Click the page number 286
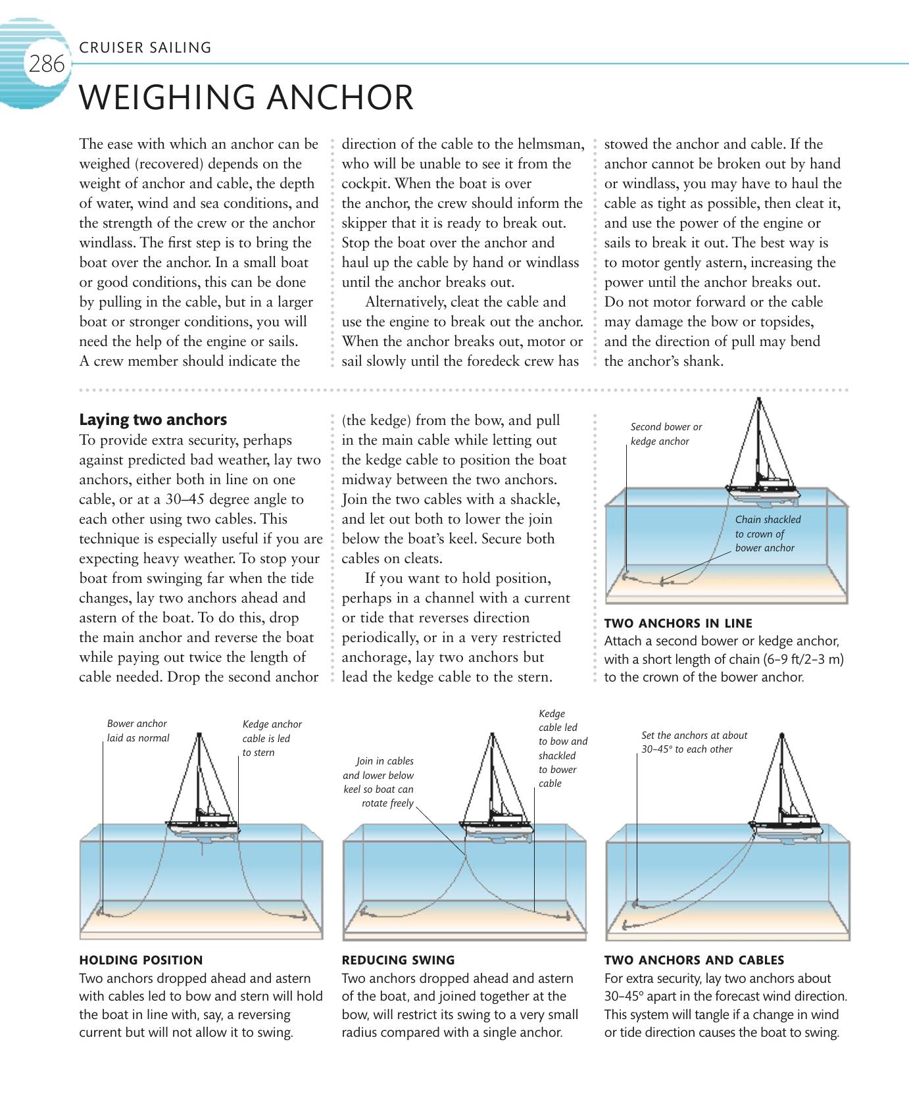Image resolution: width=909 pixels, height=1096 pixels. tap(46, 65)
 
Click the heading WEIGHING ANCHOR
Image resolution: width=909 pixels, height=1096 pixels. tap(246, 97)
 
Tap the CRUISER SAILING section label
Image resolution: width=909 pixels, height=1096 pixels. tap(145, 47)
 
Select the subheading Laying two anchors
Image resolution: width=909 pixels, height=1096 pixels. tap(153, 420)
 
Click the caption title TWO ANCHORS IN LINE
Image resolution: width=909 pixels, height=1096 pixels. tap(678, 623)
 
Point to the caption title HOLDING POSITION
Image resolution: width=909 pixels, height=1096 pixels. tap(141, 960)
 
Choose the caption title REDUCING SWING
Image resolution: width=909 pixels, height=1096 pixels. tap(398, 960)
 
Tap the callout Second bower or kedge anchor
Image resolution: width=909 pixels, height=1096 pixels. tap(666, 434)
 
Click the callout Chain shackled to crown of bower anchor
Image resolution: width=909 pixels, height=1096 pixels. tap(768, 534)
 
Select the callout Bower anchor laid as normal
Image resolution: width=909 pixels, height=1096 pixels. tap(138, 731)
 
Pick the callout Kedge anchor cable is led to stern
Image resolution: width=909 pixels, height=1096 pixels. tap(272, 738)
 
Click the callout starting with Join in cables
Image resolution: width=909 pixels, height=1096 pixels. tap(380, 782)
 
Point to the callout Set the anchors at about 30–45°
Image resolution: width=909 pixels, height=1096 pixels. tap(694, 742)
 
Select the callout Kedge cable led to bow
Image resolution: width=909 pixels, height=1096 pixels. tap(562, 749)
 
